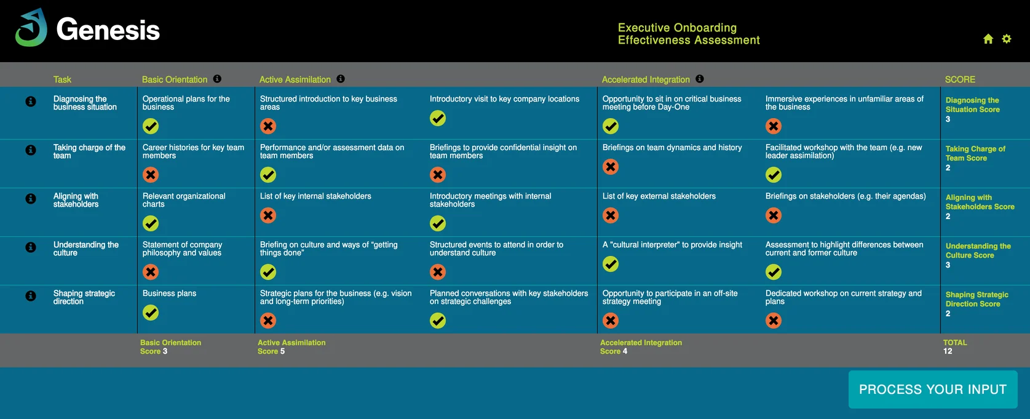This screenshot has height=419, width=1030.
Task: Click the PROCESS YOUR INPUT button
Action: click(x=932, y=389)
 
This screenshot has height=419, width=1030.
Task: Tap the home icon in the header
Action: click(x=988, y=39)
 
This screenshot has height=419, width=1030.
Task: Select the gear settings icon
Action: click(x=1007, y=39)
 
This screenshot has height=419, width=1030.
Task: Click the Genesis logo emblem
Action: click(x=31, y=28)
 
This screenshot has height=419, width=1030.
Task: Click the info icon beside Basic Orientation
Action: click(x=217, y=79)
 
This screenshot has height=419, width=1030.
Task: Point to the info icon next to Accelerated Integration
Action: click(x=700, y=79)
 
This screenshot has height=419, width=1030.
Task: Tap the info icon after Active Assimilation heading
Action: click(x=341, y=79)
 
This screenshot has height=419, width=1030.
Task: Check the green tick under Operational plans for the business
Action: click(x=151, y=126)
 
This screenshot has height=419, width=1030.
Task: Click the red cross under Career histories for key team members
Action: click(x=151, y=175)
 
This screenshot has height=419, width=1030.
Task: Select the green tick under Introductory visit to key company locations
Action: click(x=438, y=118)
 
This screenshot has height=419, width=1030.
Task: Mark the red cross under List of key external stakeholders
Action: click(x=611, y=215)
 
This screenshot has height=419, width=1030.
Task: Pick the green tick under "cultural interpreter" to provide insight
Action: click(x=611, y=264)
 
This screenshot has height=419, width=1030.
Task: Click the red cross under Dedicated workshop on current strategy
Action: click(x=774, y=321)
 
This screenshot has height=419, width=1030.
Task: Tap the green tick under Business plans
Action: click(x=151, y=313)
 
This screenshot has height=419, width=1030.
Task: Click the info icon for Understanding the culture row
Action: click(x=31, y=247)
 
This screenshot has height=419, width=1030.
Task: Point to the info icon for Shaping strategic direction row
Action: click(x=31, y=296)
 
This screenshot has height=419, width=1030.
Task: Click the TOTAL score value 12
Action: click(x=948, y=351)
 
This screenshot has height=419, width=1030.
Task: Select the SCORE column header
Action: click(x=960, y=79)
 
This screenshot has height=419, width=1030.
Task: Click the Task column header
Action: click(x=62, y=79)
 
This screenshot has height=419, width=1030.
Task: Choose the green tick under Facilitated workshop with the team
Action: click(x=774, y=175)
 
